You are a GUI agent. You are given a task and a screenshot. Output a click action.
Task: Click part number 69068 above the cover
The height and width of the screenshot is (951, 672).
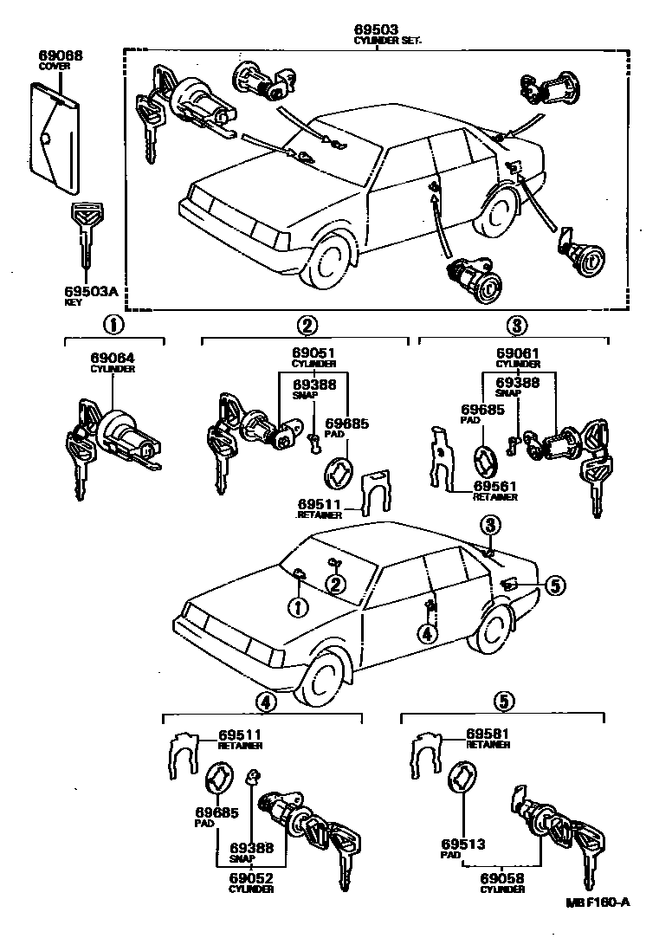point(61,56)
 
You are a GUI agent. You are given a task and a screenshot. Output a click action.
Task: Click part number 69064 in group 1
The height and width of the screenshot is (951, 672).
point(113,357)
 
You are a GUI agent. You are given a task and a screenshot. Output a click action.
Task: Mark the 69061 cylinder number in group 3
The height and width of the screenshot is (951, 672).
point(518,353)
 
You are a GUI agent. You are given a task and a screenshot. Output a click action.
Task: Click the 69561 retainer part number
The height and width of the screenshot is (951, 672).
point(494,487)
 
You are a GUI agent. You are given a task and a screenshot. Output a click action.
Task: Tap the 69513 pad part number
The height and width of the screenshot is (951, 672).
point(462,844)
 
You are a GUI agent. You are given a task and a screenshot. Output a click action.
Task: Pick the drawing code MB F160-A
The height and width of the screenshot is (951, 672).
point(598,902)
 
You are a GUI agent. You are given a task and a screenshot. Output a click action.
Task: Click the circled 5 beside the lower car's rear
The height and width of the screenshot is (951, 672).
point(554,586)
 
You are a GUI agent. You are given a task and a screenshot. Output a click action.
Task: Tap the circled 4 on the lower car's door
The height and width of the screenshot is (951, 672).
point(427,633)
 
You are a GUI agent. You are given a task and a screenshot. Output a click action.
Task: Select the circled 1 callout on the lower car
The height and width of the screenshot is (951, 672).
point(298,608)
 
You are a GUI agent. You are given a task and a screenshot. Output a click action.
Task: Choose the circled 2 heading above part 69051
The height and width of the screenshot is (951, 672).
point(306,326)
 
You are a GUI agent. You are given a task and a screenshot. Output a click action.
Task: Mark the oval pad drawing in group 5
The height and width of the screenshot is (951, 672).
point(462,773)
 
